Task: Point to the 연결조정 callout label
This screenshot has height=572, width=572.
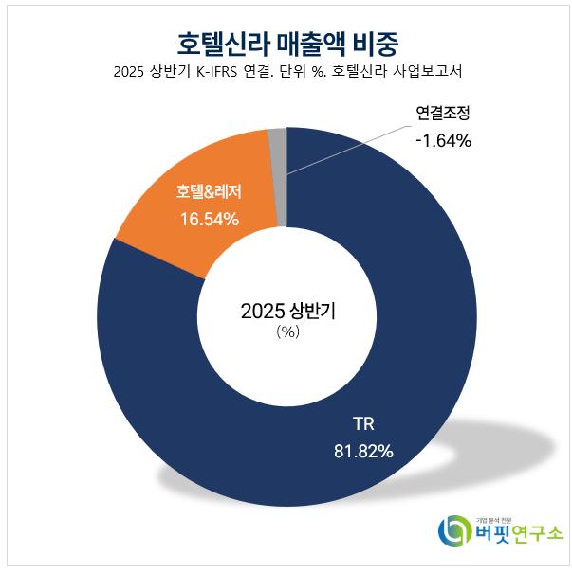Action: (x=442, y=115)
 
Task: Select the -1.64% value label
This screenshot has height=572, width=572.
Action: (x=442, y=141)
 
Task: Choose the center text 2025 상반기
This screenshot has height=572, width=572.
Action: (x=286, y=311)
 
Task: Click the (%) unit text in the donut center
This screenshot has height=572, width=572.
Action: (x=286, y=333)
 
